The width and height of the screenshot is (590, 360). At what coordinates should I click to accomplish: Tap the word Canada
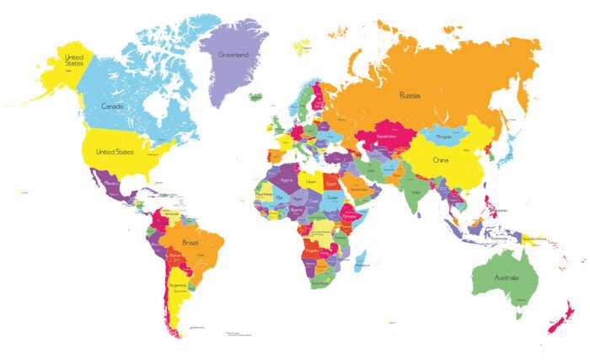pos(113,106)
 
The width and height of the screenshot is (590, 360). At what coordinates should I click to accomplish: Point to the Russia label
pos(410,94)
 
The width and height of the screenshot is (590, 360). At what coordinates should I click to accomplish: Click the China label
pos(441,159)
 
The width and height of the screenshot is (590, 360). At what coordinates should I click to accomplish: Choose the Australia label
pos(506,277)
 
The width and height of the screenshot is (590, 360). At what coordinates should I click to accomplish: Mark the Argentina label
pos(177,285)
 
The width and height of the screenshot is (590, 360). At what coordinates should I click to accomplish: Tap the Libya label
pos(311,180)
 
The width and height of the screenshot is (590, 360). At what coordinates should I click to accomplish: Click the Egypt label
pos(333,180)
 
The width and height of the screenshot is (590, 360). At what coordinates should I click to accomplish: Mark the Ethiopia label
pos(348,215)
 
